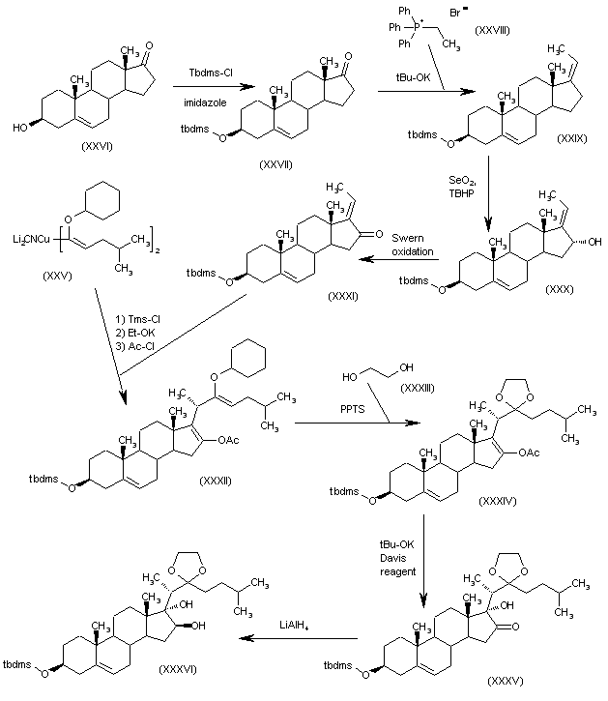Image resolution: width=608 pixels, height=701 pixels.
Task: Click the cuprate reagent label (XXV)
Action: point(55,276)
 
